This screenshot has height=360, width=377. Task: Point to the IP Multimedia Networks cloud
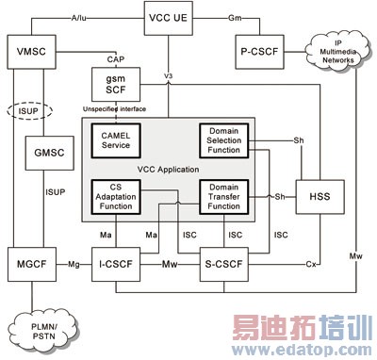(334, 50)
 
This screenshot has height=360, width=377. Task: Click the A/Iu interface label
(78, 15)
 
